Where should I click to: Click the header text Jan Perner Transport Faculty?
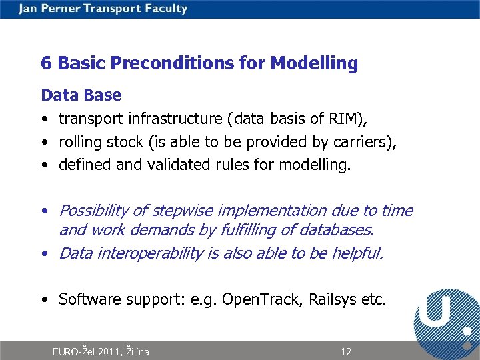pos(103,9)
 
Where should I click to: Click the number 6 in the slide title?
pos(46,63)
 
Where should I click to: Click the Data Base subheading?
pos(81,95)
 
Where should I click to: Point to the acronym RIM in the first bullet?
pos(343,119)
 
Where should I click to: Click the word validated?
pos(179,165)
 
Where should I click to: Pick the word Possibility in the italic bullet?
pos(93,211)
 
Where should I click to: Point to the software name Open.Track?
pos(263,299)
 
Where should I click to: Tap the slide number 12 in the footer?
pos(346,352)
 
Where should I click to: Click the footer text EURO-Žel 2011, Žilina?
pos(101,352)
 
